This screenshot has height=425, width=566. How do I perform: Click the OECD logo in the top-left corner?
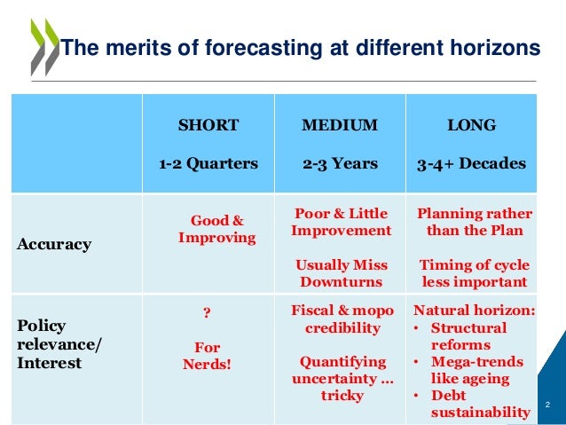[x=41, y=48]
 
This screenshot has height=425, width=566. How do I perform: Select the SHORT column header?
[x=208, y=125]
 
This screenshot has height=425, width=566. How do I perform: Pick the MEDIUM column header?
[x=340, y=125]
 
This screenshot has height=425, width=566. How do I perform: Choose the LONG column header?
[x=471, y=125]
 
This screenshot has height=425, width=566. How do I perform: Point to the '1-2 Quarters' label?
[x=208, y=163]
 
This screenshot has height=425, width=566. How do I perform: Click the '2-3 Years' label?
[x=340, y=163]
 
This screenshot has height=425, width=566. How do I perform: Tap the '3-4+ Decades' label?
[x=471, y=163]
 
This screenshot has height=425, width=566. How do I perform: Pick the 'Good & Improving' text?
[x=216, y=229]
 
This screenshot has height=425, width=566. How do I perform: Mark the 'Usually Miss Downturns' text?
[x=341, y=273]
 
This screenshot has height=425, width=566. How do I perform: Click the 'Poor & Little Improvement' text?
[x=341, y=222]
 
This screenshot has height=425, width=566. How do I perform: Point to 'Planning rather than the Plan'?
[x=474, y=222]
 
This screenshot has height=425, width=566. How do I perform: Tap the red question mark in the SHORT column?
[x=207, y=312]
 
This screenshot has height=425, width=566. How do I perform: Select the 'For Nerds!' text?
[x=207, y=355]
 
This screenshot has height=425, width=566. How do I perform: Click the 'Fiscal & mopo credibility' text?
[x=341, y=319]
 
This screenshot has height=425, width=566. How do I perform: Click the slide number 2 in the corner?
[x=547, y=405]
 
